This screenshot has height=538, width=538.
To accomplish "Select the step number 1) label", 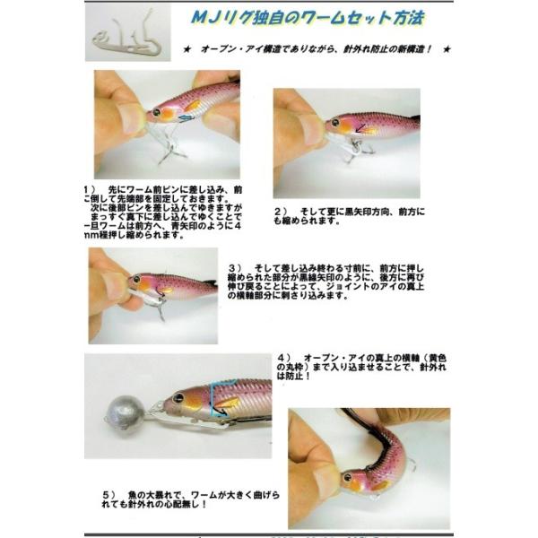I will coord(89,190).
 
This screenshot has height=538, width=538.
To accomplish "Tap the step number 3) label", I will coord(235,267).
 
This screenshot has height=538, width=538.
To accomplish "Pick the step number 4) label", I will coord(283,354).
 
